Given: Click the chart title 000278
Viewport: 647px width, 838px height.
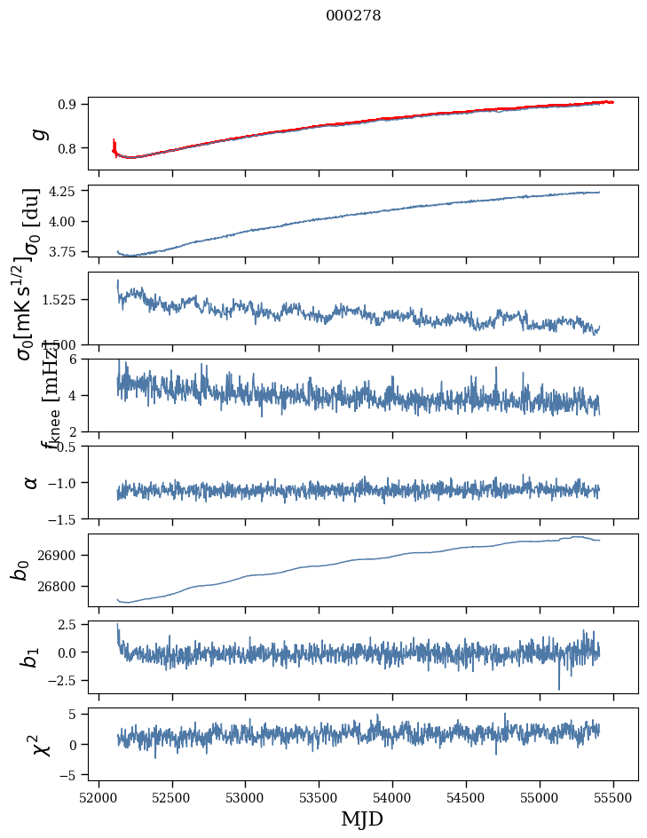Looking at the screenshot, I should pyautogui.click(x=353, y=16).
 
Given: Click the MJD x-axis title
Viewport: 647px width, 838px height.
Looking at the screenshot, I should pyautogui.click(x=362, y=818).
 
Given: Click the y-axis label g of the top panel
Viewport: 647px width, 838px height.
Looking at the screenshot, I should pyautogui.click(x=37, y=133).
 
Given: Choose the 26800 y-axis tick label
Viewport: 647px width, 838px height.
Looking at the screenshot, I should pyautogui.click(x=59, y=586).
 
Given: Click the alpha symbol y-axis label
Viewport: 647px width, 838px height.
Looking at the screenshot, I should pyautogui.click(x=31, y=482).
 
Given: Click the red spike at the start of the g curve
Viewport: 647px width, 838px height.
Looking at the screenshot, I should pyautogui.click(x=114, y=144).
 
